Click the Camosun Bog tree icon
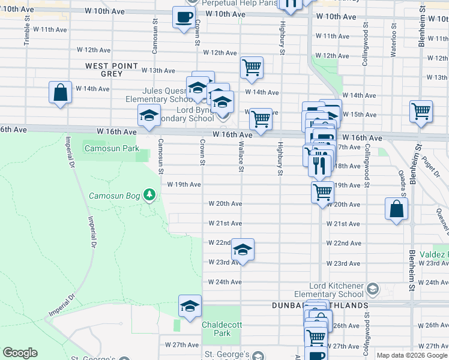tap(149, 196)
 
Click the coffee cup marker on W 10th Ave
tap(184, 17)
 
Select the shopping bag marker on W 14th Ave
tap(60, 93)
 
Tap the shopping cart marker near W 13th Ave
tap(252, 68)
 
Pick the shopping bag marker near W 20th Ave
tap(397, 209)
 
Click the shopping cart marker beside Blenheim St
tap(421, 111)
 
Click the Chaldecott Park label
tap(216, 328)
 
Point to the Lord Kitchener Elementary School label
tap(329, 290)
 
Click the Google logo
tap(20, 353)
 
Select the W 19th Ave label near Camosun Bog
tap(184, 184)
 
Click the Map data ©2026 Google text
tap(412, 355)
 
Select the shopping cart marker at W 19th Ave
tap(323, 193)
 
